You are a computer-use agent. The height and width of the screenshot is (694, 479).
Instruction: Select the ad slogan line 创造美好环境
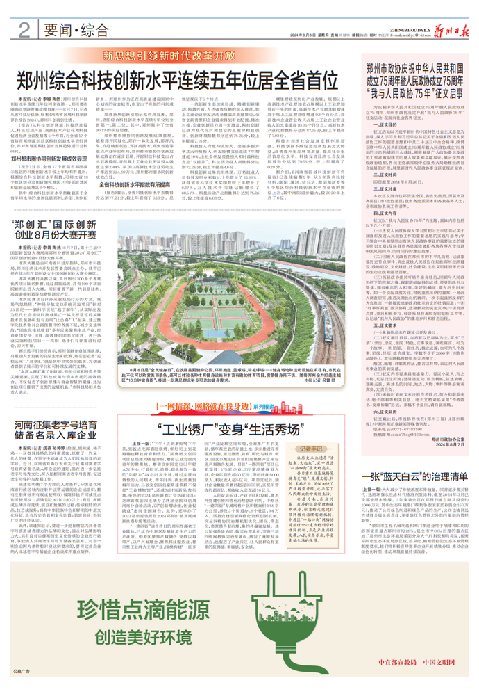click(x=152, y=631)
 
